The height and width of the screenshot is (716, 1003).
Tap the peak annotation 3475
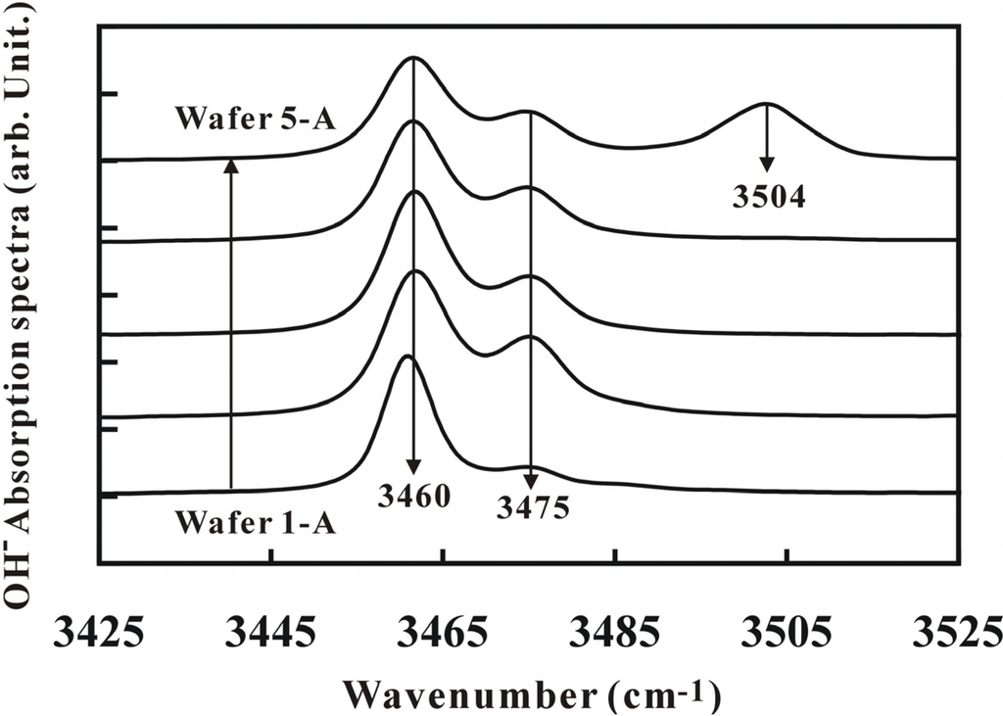point(533,508)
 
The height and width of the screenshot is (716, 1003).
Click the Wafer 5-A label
point(256,119)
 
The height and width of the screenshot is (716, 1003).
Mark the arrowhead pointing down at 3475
point(531,480)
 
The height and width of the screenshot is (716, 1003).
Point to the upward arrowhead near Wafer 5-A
point(230,166)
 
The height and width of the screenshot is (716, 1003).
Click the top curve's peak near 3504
point(767,103)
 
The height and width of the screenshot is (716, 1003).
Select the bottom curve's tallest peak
point(408,356)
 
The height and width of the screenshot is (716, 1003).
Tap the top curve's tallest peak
point(412,57)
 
